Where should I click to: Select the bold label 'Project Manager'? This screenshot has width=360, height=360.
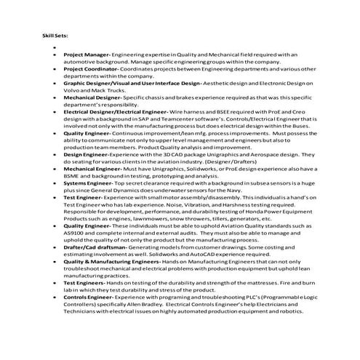click(86, 54)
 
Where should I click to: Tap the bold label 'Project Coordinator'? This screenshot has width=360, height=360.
click(90, 68)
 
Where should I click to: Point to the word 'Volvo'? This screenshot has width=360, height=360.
click(72, 91)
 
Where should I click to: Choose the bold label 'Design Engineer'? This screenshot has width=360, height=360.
click(85, 156)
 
